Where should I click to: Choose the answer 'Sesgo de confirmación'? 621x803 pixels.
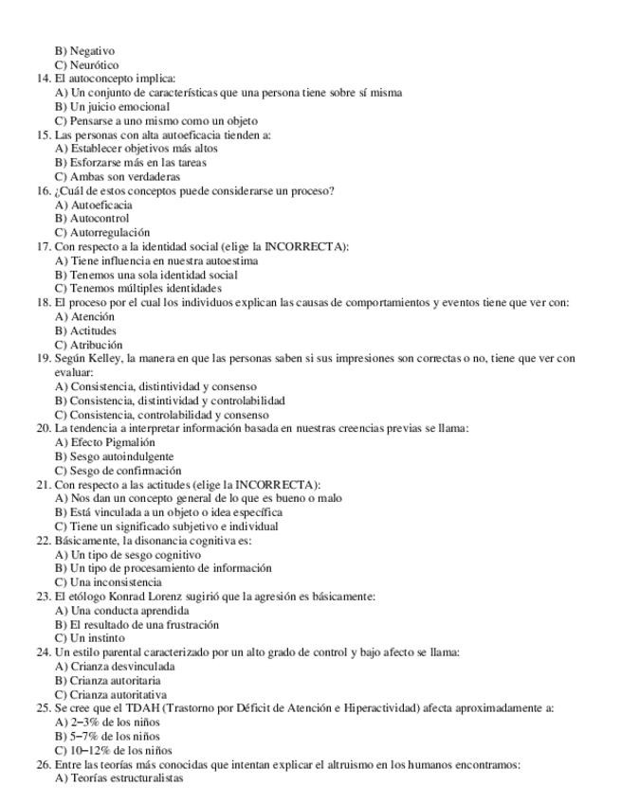(126, 471)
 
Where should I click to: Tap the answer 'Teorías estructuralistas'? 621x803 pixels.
(127, 778)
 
